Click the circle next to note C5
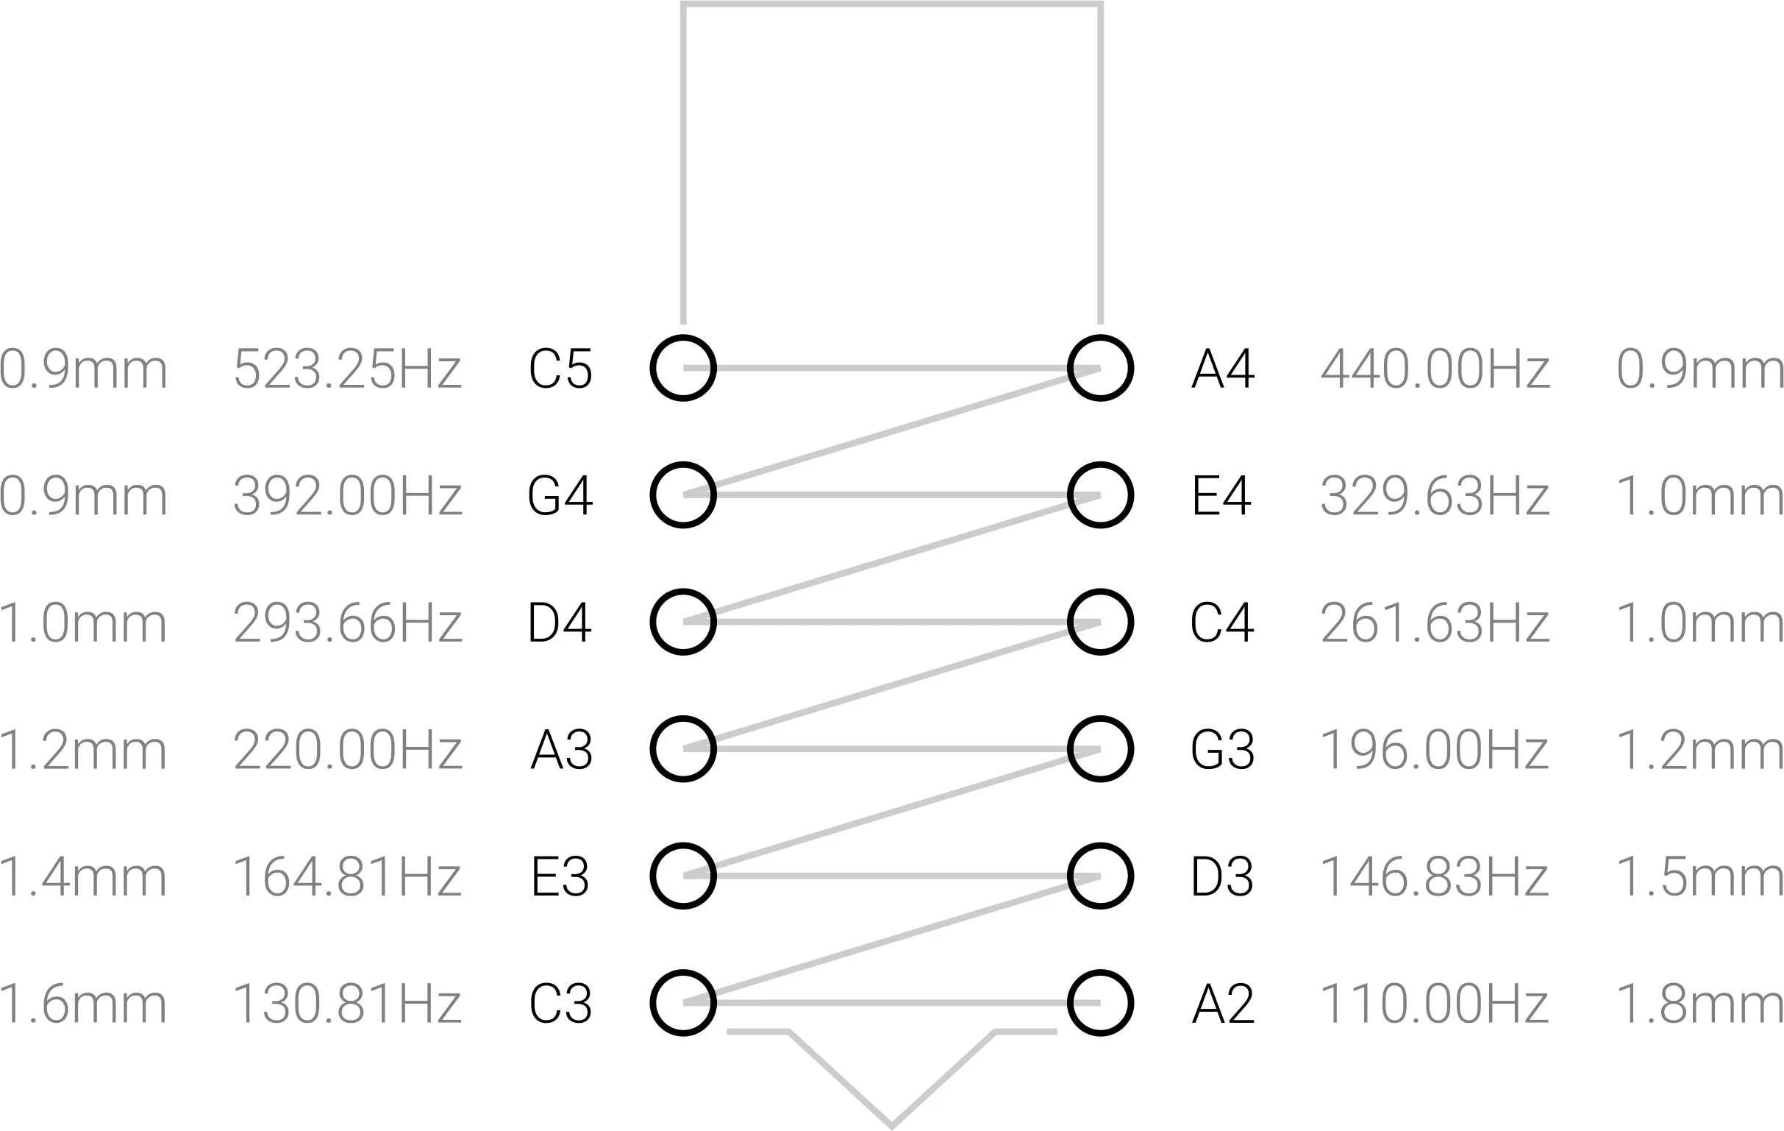(683, 369)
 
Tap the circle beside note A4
(1100, 369)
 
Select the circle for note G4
(683, 495)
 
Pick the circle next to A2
(1100, 1003)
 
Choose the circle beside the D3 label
(1100, 876)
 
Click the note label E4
(1221, 495)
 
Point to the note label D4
(560, 623)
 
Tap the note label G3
(1222, 749)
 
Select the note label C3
(561, 1004)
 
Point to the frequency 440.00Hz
(1435, 369)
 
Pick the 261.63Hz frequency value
(1435, 623)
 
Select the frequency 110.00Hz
(1435, 1004)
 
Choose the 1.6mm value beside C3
(83, 1004)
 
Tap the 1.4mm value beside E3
(83, 877)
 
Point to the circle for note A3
(683, 749)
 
